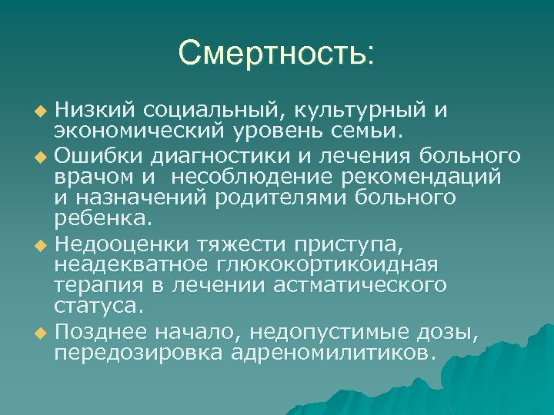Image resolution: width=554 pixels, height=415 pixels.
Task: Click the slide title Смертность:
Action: [x=276, y=53]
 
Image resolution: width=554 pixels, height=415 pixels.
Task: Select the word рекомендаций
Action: [x=426, y=177]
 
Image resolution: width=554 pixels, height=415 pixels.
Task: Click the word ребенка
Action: [x=98, y=221]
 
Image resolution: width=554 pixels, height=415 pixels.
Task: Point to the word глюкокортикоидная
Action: [x=330, y=264]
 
